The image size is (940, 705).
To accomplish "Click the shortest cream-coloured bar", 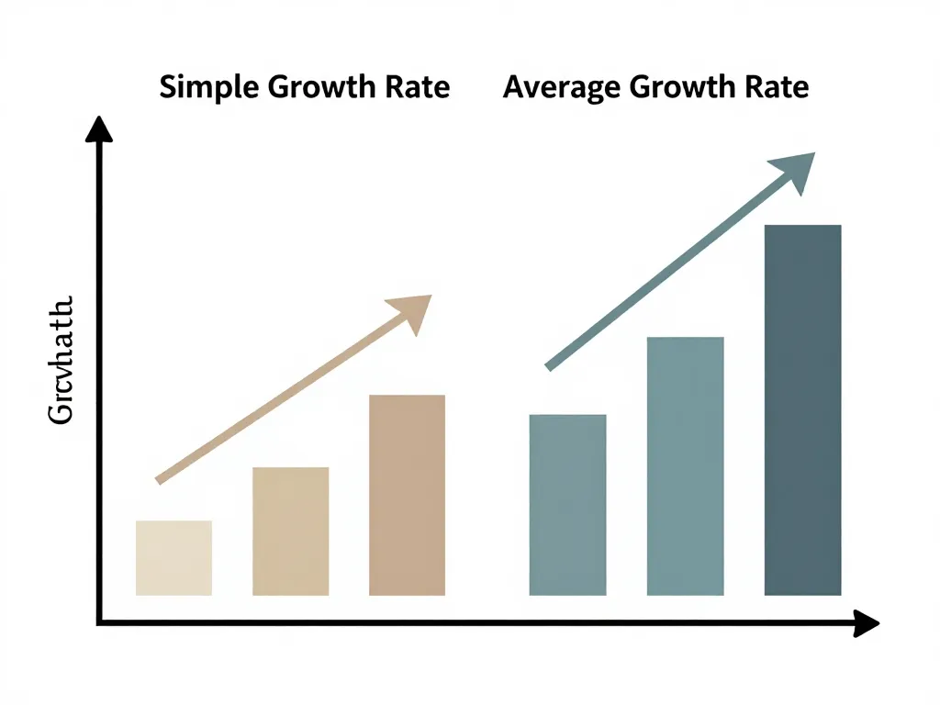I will pyautogui.click(x=173, y=558).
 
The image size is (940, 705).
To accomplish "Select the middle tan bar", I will pyautogui.click(x=290, y=532).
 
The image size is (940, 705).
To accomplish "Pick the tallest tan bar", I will pyautogui.click(x=407, y=495).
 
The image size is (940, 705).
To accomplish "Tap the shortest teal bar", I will pyautogui.click(x=567, y=505).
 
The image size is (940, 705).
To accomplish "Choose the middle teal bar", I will pyautogui.click(x=685, y=466).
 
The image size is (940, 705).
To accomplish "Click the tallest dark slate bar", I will pyautogui.click(x=802, y=410).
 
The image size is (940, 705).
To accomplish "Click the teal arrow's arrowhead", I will pyautogui.click(x=795, y=171).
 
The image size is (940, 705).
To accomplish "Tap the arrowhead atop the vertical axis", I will pyautogui.click(x=99, y=131).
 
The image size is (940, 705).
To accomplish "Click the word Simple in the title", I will pyautogui.click(x=207, y=88).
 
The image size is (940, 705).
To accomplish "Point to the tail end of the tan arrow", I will pyautogui.click(x=160, y=479).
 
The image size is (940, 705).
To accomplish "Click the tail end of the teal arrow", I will pyautogui.click(x=549, y=366).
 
